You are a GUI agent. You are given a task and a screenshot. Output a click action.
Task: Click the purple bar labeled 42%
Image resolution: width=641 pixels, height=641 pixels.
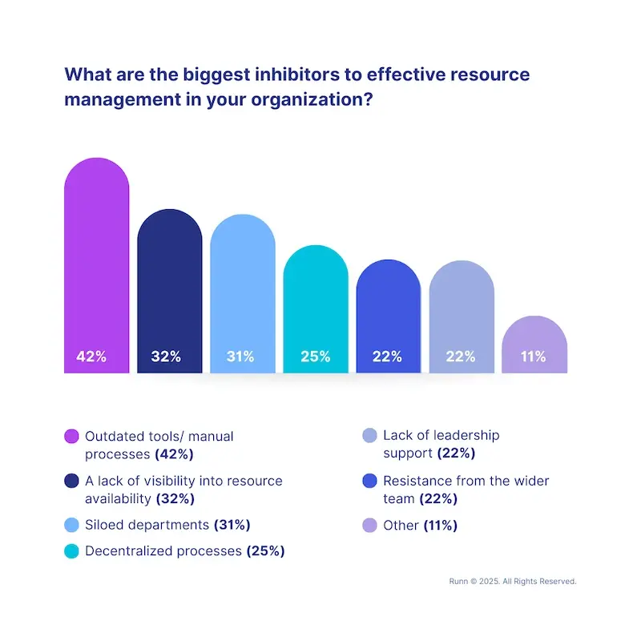point(96,265)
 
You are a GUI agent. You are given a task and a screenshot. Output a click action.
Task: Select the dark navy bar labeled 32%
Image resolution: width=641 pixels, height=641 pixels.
point(170,291)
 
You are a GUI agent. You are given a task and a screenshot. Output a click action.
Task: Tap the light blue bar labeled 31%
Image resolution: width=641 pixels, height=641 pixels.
point(243,293)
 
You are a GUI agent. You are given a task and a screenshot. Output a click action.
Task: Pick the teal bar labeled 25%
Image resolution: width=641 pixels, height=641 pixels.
point(316,309)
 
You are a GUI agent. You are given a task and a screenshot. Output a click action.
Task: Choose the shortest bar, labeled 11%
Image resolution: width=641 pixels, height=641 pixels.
point(534,345)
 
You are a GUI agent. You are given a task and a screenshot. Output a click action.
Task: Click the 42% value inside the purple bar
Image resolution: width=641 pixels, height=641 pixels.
point(91,357)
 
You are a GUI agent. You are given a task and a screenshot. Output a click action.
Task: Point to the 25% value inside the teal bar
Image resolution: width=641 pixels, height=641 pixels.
point(315,357)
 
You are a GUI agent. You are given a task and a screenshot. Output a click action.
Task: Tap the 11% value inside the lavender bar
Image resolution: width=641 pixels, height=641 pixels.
point(533,357)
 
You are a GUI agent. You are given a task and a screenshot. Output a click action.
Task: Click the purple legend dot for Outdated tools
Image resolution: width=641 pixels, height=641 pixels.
point(71,436)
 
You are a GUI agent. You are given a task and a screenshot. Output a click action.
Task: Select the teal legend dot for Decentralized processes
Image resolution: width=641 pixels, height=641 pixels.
point(71,551)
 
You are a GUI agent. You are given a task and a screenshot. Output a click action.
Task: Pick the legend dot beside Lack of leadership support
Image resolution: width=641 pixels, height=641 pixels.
point(369,435)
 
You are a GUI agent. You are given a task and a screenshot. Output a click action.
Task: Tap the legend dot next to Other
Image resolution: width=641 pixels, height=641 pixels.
point(369,526)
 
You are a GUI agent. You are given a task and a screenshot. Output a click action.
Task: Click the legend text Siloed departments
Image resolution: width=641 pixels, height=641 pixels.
point(147,525)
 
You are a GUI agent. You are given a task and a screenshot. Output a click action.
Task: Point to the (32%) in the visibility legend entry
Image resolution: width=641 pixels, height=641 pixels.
point(175,498)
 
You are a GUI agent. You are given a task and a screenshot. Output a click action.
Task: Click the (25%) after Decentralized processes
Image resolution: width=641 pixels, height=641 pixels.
point(266,551)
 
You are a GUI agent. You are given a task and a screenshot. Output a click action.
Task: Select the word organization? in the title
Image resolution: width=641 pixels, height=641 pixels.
point(312,99)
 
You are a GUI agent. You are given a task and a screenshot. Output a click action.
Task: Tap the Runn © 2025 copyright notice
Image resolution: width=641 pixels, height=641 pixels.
point(513,582)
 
